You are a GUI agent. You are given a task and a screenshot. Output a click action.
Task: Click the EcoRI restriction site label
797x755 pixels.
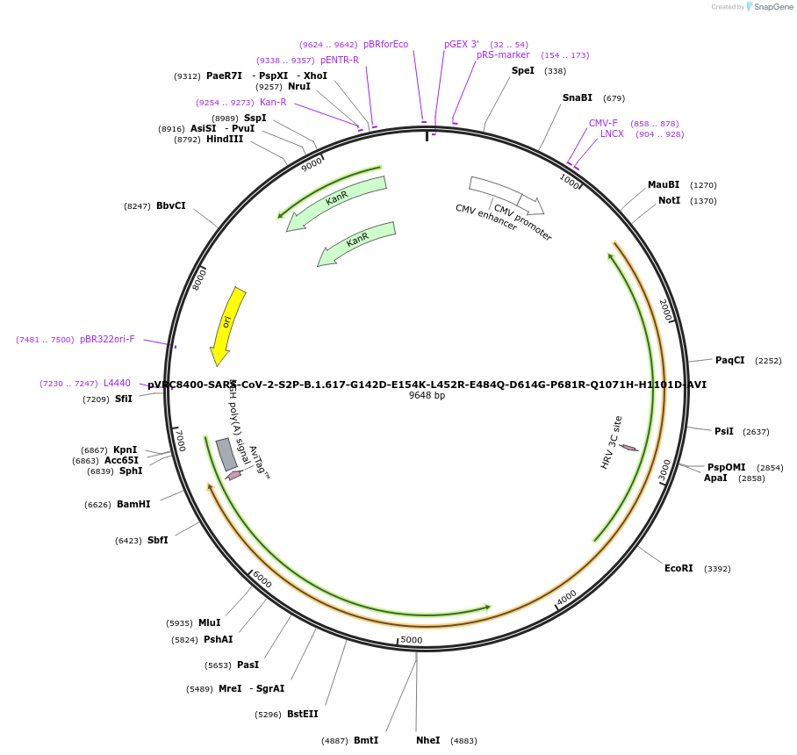pyautogui.click(x=679, y=569)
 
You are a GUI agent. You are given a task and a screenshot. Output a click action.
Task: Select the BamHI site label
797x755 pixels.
pyautogui.click(x=133, y=505)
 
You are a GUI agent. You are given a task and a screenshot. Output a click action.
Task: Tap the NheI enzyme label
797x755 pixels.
pyautogui.click(x=428, y=741)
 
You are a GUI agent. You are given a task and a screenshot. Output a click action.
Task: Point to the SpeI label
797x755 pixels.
pyautogui.click(x=523, y=71)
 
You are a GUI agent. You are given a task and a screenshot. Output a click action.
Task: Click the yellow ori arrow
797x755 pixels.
pyautogui.click(x=226, y=325)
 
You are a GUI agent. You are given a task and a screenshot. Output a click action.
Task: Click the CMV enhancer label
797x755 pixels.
pyautogui.click(x=485, y=217)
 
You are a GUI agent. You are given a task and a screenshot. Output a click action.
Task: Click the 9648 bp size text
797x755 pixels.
pyautogui.click(x=427, y=396)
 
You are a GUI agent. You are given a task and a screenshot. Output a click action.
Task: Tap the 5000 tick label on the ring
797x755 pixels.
pyautogui.click(x=412, y=640)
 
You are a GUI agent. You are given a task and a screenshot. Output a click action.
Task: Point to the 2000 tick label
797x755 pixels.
pyautogui.click(x=665, y=309)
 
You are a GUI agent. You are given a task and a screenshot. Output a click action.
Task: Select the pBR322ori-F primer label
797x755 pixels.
pyautogui.click(x=107, y=340)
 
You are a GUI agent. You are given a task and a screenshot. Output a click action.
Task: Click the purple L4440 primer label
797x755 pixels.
pyautogui.click(x=117, y=384)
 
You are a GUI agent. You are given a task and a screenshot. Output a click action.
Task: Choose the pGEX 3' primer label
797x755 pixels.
pyautogui.click(x=462, y=44)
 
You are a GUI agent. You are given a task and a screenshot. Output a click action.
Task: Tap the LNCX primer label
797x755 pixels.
pyautogui.click(x=612, y=134)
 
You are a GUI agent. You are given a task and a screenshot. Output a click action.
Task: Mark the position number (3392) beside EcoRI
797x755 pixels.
pyautogui.click(x=717, y=569)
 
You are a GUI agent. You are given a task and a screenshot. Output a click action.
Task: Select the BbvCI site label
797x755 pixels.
pyautogui.click(x=171, y=206)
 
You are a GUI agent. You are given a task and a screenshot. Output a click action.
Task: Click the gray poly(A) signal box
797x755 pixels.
pyautogui.click(x=226, y=454)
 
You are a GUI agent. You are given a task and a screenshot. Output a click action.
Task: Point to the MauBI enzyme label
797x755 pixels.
pyautogui.click(x=664, y=185)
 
